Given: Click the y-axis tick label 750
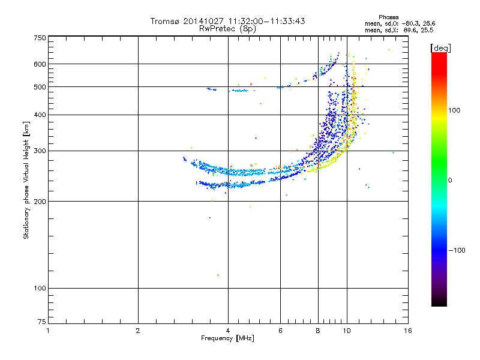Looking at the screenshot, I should (x=40, y=38).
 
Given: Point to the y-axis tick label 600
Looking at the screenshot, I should (x=40, y=64).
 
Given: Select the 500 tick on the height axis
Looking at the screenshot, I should (x=40, y=86).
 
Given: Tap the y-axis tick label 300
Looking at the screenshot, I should (x=40, y=151).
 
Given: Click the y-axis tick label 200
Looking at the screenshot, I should (x=40, y=201).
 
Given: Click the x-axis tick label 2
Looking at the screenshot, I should (x=138, y=331).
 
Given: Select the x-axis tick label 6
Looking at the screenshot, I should (x=281, y=331).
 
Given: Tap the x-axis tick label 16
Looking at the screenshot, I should (x=407, y=331).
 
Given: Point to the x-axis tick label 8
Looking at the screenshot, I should (x=318, y=331).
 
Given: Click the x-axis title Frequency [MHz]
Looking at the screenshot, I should (x=228, y=339).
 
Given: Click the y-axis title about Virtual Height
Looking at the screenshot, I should (x=26, y=180).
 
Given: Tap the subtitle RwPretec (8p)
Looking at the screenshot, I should (x=227, y=28).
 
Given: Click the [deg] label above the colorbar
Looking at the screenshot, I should (x=440, y=47).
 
